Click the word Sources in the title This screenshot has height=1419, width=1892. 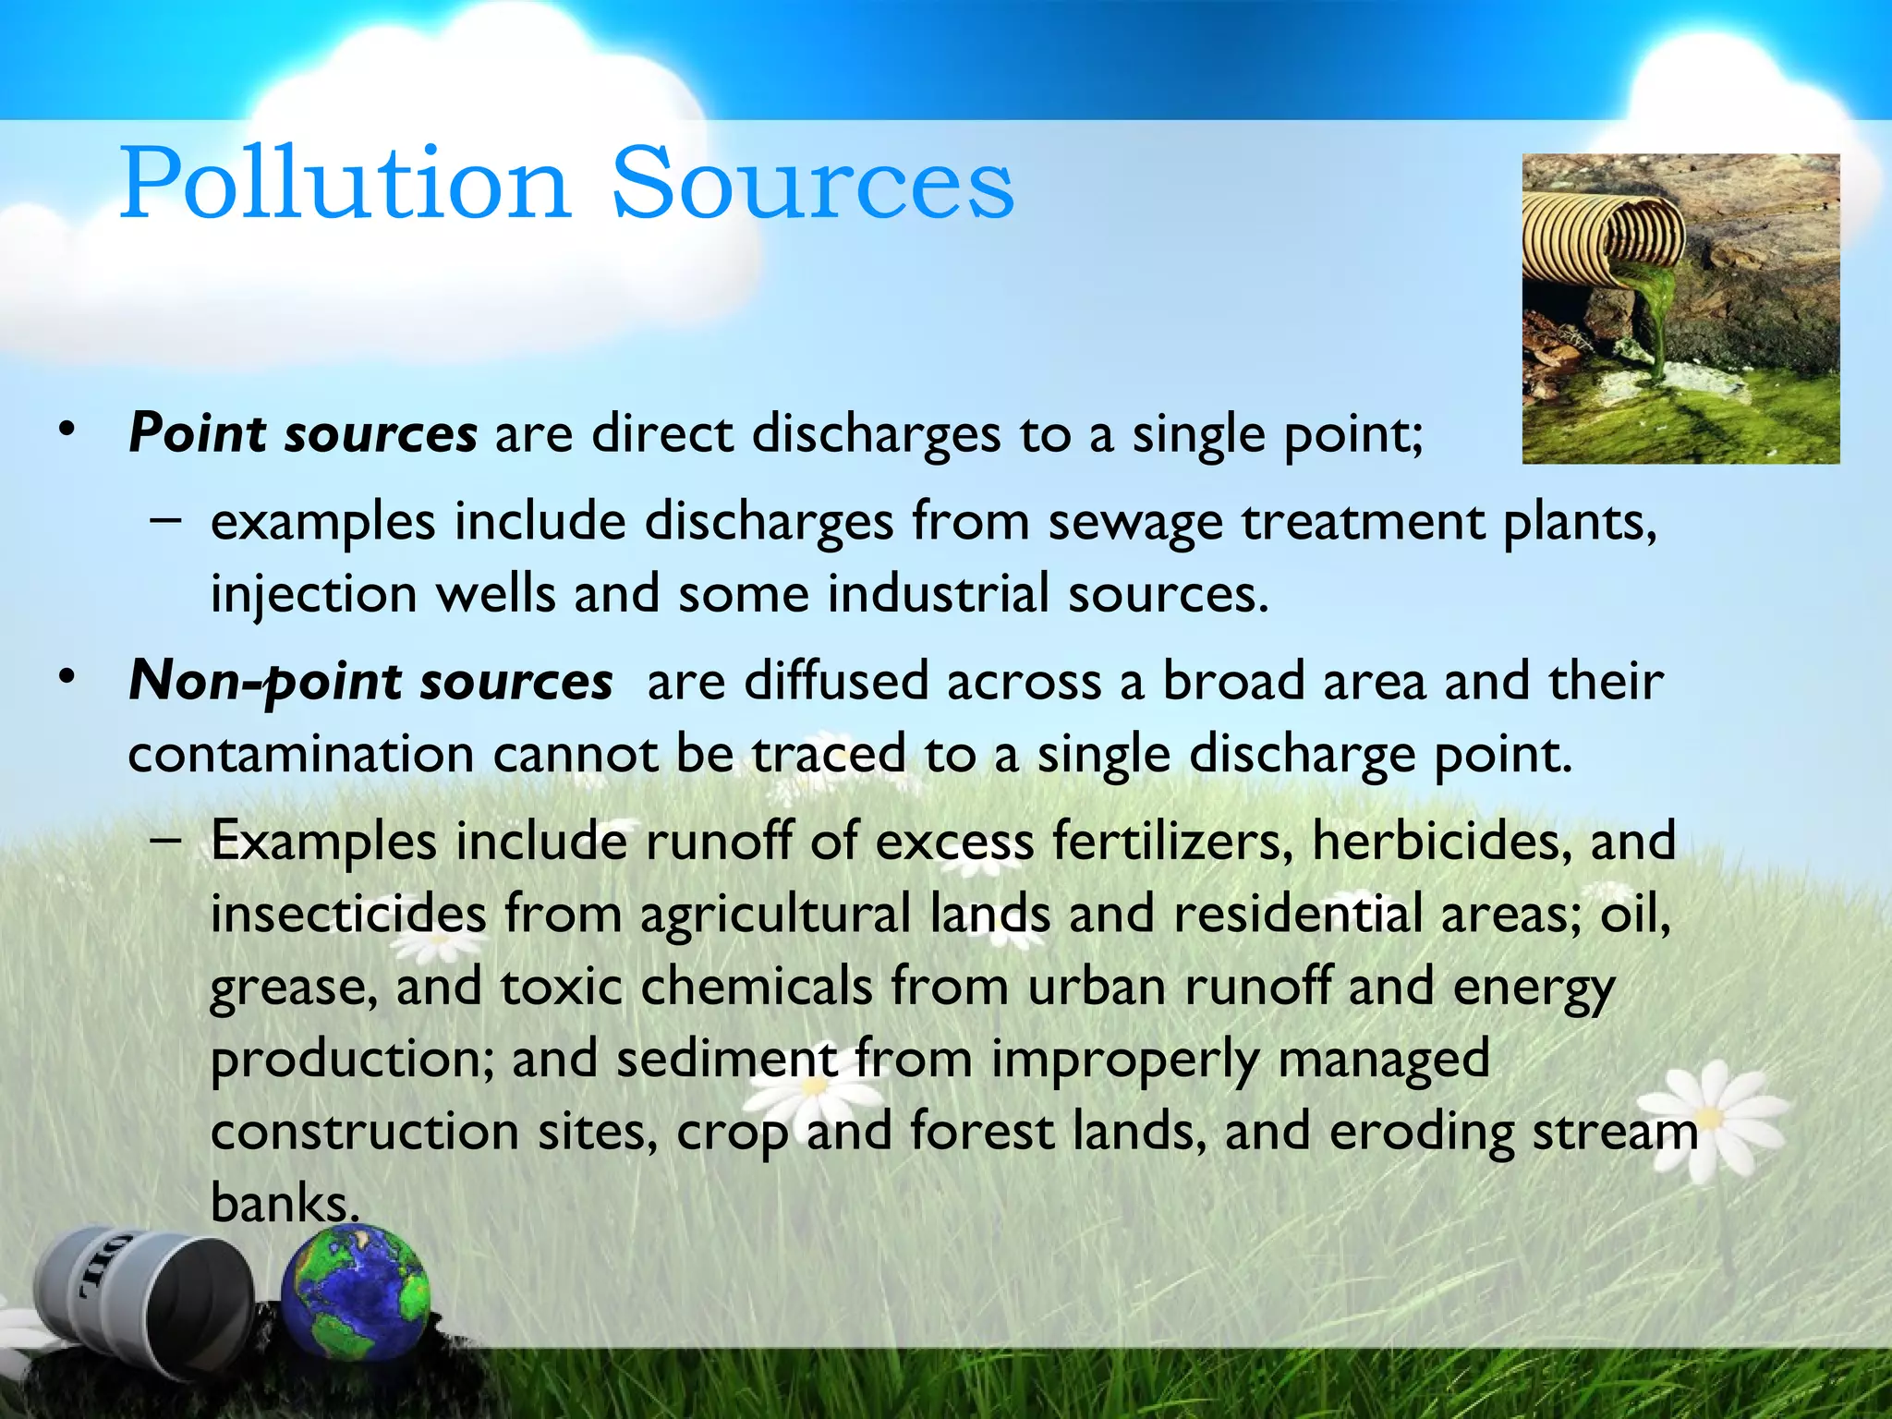tap(813, 185)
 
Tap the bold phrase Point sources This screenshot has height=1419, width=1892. tap(303, 434)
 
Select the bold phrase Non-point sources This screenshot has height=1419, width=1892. tap(370, 682)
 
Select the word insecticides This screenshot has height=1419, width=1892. tap(347, 915)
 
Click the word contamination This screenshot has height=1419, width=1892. tap(300, 755)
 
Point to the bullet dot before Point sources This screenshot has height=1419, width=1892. tap(66, 431)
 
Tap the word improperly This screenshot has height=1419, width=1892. tap(1123, 1060)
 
